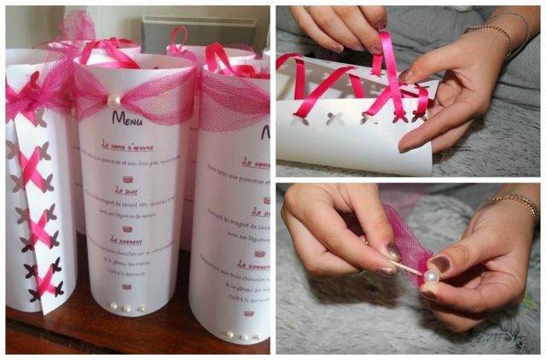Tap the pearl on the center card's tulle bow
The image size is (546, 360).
pyautogui.click(x=113, y=100)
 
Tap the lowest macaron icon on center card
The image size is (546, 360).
pyautogui.click(x=126, y=287)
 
